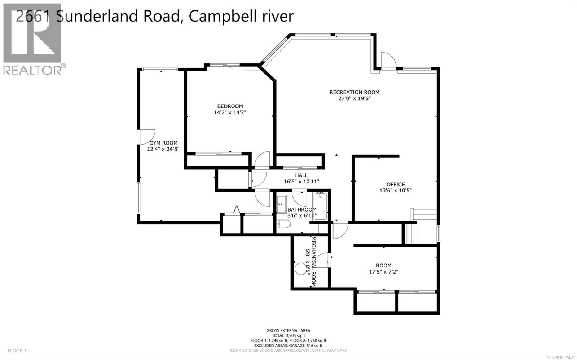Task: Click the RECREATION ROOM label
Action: (354, 92)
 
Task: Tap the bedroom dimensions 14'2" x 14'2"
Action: (230, 112)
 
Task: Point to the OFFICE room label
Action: (396, 185)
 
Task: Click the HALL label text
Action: (301, 175)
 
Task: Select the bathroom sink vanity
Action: (282, 204)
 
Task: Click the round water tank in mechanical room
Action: (300, 269)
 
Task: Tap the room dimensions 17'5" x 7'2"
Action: (383, 272)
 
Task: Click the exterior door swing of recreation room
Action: (388, 60)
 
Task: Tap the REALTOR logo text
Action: (32, 70)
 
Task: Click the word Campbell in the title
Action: (220, 16)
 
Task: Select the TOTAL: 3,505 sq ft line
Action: (288, 335)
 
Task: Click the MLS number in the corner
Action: (561, 357)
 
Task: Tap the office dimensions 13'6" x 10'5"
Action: (396, 191)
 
